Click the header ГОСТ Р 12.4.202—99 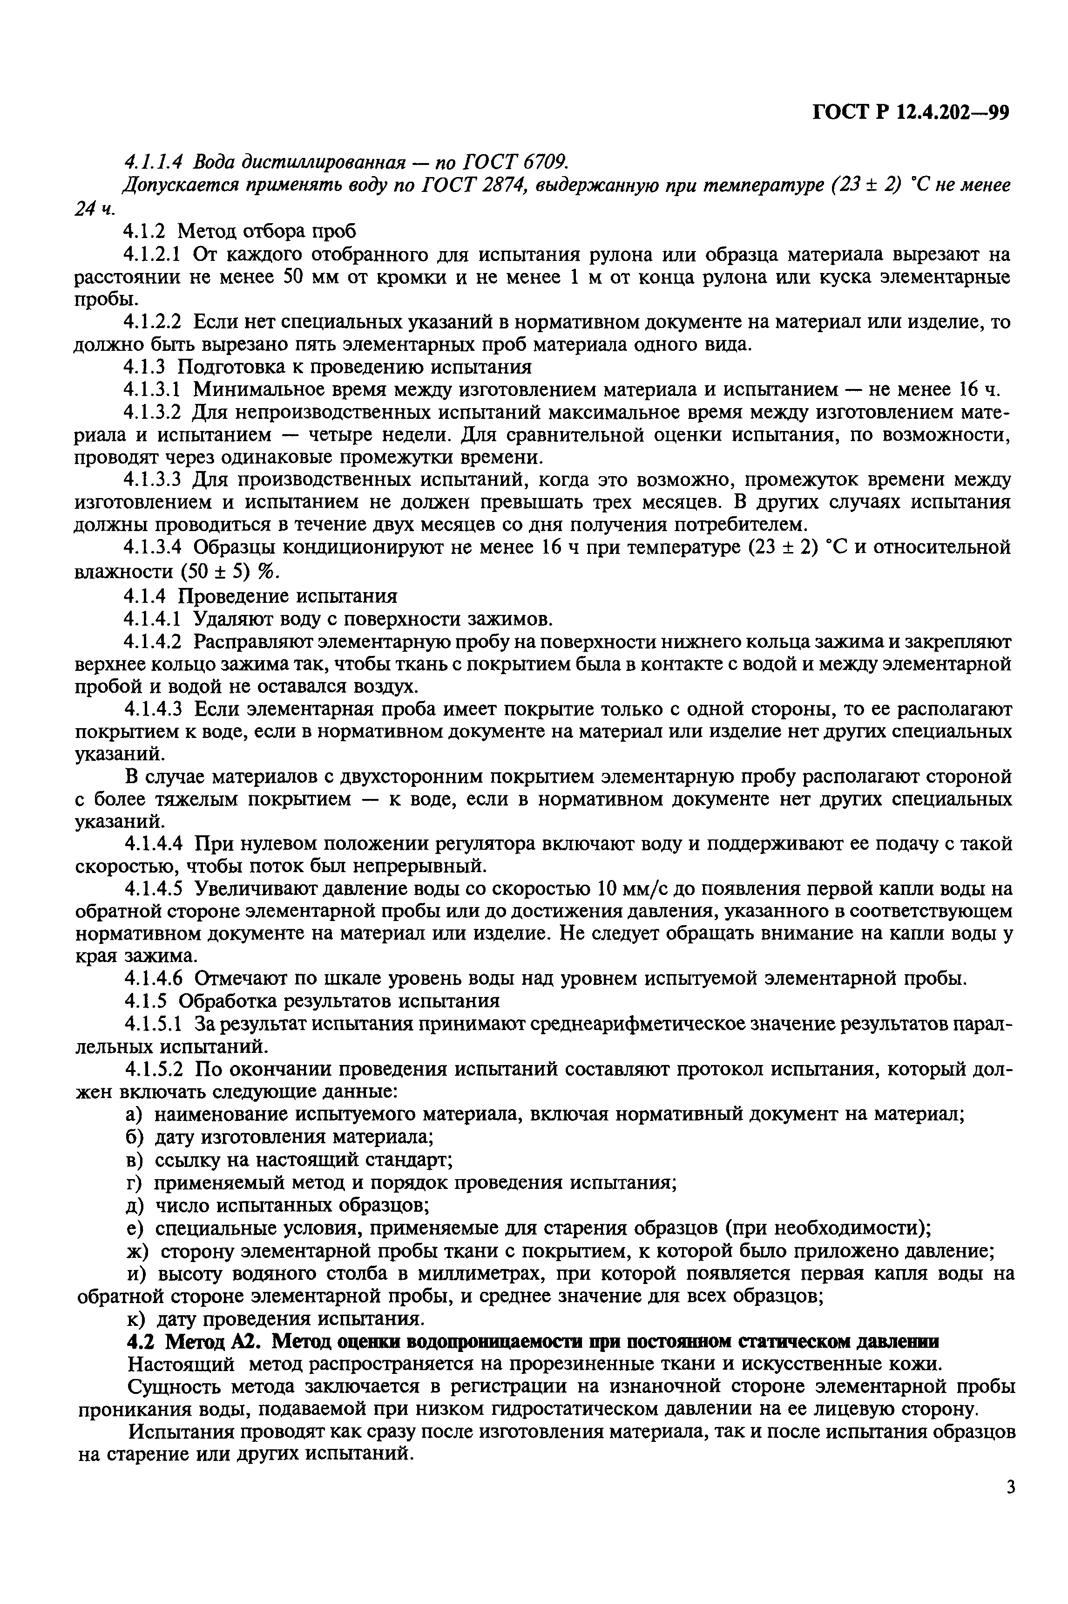[910, 112]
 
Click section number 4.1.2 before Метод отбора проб [146, 232]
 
